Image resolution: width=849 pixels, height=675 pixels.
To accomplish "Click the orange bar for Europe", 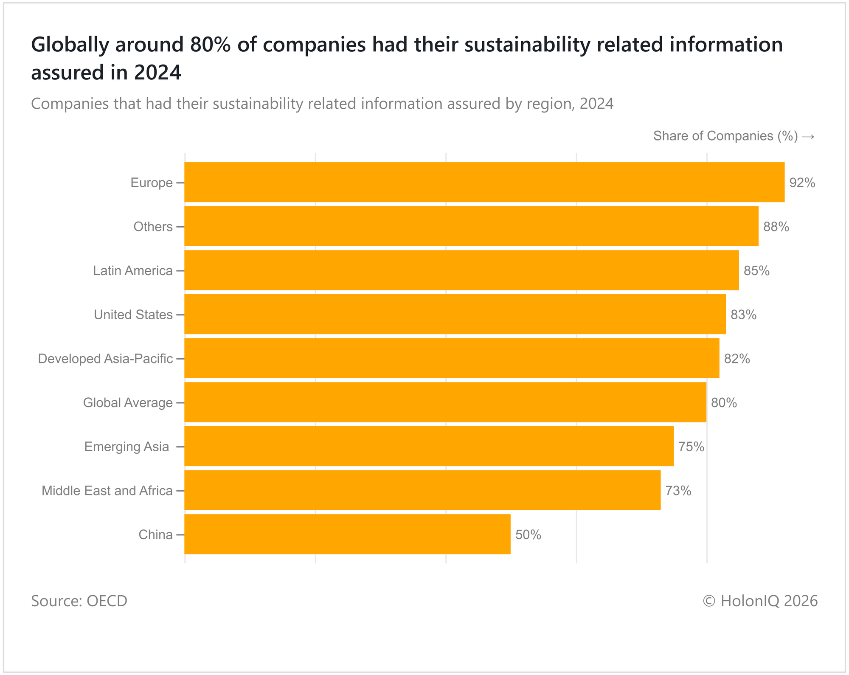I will [x=484, y=182].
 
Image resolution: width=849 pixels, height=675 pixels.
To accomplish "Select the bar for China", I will [x=347, y=534].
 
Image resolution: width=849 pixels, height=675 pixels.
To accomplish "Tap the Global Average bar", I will [x=445, y=402].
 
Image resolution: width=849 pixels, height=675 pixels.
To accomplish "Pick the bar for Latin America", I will [x=461, y=270].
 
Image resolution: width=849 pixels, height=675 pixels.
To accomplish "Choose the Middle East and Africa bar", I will [x=422, y=490].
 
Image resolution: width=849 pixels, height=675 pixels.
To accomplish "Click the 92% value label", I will [x=802, y=183].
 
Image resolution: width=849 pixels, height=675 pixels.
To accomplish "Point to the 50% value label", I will [x=528, y=535].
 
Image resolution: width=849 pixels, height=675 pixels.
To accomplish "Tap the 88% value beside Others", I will [x=776, y=227].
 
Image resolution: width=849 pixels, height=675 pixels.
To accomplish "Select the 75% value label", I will [x=691, y=447].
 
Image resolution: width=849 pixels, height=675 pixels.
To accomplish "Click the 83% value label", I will [x=743, y=315].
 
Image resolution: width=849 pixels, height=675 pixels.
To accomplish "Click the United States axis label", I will [x=133, y=315].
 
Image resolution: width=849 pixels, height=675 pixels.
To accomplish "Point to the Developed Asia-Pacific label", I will [x=105, y=359].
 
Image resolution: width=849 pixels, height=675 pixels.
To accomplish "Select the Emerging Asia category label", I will [x=127, y=447].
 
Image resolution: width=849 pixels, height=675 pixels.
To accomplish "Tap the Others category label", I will [x=153, y=227].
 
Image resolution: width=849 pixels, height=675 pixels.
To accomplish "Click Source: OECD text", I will [x=79, y=601].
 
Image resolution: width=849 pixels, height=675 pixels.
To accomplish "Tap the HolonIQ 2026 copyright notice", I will [x=760, y=601].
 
